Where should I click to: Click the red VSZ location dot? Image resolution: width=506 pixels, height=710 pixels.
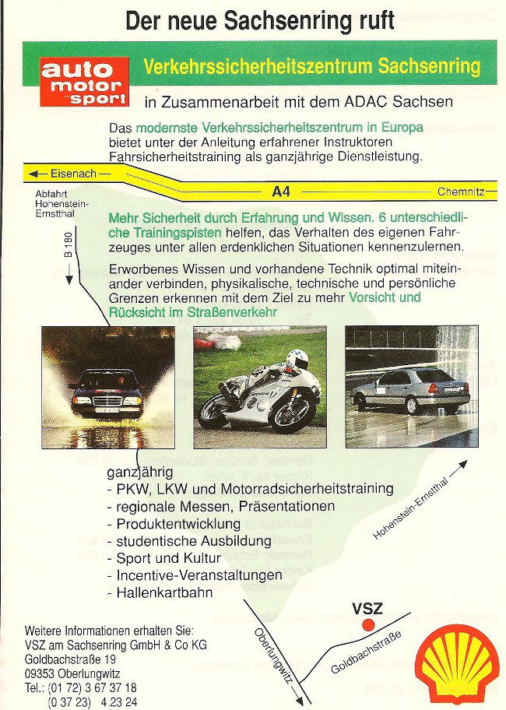coord(368,625)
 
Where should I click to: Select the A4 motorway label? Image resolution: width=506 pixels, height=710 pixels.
coord(281,192)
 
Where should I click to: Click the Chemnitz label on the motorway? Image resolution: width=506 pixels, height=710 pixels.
coord(461,192)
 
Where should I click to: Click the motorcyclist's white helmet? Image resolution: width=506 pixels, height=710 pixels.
coord(297,360)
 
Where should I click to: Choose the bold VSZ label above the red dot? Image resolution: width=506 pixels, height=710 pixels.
coord(367,609)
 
